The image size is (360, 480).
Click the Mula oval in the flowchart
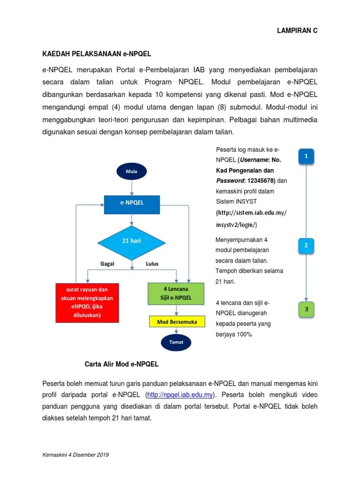[x=131, y=172]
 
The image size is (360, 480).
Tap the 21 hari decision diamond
[x=131, y=242]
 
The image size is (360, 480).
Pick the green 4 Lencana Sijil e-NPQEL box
[x=176, y=293]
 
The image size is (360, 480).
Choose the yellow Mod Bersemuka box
[x=177, y=322]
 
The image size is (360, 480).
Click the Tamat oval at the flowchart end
[x=177, y=342]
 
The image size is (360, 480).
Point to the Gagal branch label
[x=107, y=263]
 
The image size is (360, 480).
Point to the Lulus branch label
[x=152, y=263]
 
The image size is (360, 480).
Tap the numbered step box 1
[x=306, y=156]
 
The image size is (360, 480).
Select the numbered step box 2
[x=306, y=245]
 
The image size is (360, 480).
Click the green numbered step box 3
[x=306, y=309]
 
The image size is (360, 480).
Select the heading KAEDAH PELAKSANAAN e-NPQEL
[x=97, y=53]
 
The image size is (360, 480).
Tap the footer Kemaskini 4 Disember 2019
[x=76, y=455]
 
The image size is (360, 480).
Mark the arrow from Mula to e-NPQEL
[x=132, y=187]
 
